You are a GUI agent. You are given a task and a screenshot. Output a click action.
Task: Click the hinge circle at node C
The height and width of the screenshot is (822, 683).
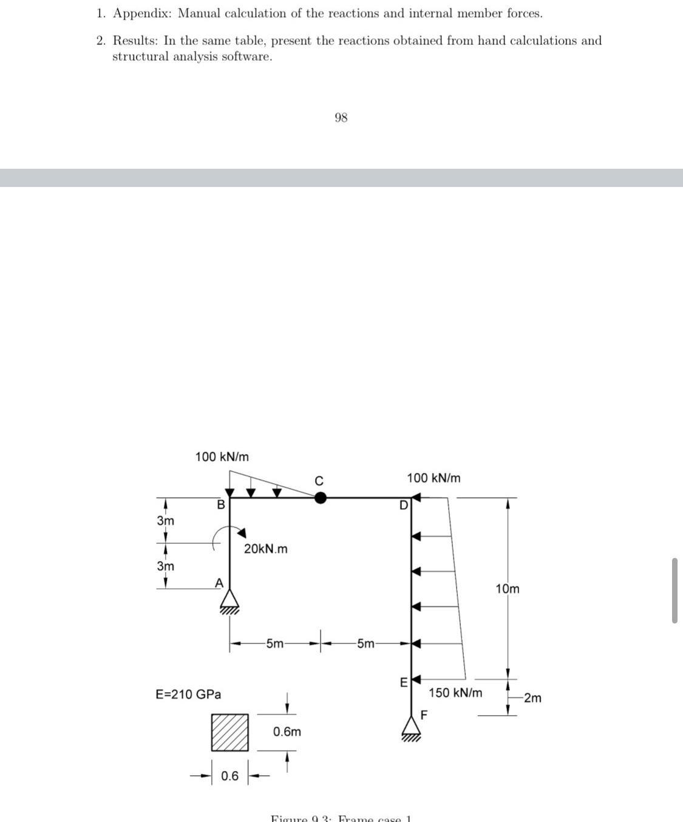click(x=321, y=498)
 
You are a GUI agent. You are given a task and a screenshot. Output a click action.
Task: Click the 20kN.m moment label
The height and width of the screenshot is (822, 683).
click(x=265, y=549)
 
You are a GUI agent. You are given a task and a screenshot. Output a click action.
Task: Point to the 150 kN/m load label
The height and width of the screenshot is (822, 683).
click(x=455, y=693)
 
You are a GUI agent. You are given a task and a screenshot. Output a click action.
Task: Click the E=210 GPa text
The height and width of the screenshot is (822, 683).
click(x=188, y=694)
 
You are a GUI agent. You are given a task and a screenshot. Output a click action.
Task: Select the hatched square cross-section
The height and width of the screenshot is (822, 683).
click(x=230, y=732)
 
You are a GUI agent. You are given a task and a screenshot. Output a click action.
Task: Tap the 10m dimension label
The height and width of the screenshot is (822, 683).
click(x=508, y=589)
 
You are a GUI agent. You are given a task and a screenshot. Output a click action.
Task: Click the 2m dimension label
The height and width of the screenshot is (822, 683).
click(x=532, y=698)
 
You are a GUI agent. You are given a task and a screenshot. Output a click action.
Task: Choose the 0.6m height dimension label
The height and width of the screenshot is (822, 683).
click(x=287, y=732)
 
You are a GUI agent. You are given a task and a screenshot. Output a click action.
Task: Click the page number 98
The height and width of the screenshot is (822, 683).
click(x=341, y=118)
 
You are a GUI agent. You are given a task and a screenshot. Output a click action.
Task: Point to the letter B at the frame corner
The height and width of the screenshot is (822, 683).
click(x=221, y=504)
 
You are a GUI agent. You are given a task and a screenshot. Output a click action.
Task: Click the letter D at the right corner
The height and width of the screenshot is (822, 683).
click(x=403, y=505)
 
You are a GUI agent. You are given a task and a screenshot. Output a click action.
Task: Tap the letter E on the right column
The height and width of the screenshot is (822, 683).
click(x=403, y=683)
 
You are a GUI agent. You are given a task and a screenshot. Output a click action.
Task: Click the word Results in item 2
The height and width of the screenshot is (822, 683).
click(x=136, y=41)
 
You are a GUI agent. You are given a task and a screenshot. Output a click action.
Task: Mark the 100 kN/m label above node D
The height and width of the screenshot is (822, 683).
click(x=433, y=478)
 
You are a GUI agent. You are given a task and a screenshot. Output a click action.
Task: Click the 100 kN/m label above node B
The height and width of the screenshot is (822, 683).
click(x=222, y=457)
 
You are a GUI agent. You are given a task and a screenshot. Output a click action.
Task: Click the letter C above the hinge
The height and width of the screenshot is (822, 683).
click(x=319, y=481)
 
